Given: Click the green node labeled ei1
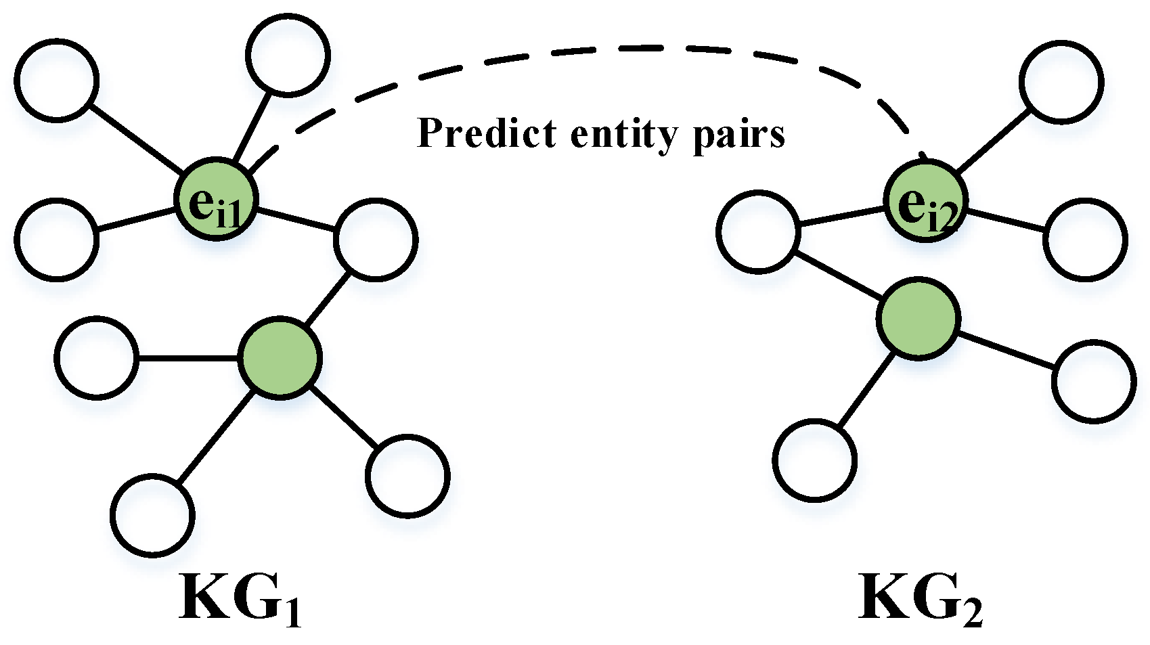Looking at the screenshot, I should pos(216,199).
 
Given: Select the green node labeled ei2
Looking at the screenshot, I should pos(925,200).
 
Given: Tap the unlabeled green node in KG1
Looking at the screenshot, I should pos(280,357).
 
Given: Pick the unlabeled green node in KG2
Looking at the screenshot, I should pos(918,317).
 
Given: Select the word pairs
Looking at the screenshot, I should pos(739,135).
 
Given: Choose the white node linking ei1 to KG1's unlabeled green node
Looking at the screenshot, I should pos(375,239).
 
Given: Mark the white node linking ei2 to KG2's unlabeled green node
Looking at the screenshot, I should pos(758,231).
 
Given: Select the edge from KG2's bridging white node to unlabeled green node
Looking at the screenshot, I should pos(839,275).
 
